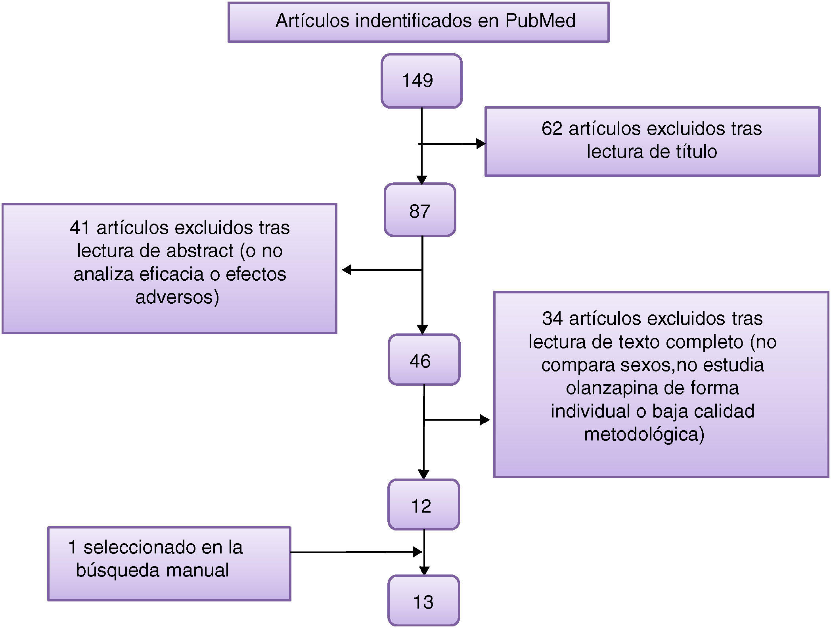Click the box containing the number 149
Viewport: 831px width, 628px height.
pos(421,80)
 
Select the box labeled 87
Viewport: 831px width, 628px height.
pos(420,210)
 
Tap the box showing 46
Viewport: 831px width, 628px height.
pos(424,360)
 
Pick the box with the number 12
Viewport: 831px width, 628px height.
pos(423,505)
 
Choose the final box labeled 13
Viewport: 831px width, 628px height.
pos(423,601)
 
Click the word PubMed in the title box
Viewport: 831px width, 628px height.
pos(540,21)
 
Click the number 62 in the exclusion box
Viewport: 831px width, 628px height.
pos(552,129)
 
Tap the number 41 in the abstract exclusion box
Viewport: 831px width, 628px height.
pos(80,228)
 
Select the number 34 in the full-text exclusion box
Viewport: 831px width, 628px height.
pos(552,319)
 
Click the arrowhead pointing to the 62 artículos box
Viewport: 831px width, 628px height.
pos(481,144)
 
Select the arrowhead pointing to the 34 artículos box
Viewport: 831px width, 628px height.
pos(484,420)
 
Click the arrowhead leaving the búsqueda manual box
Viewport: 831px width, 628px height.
pos(417,552)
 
